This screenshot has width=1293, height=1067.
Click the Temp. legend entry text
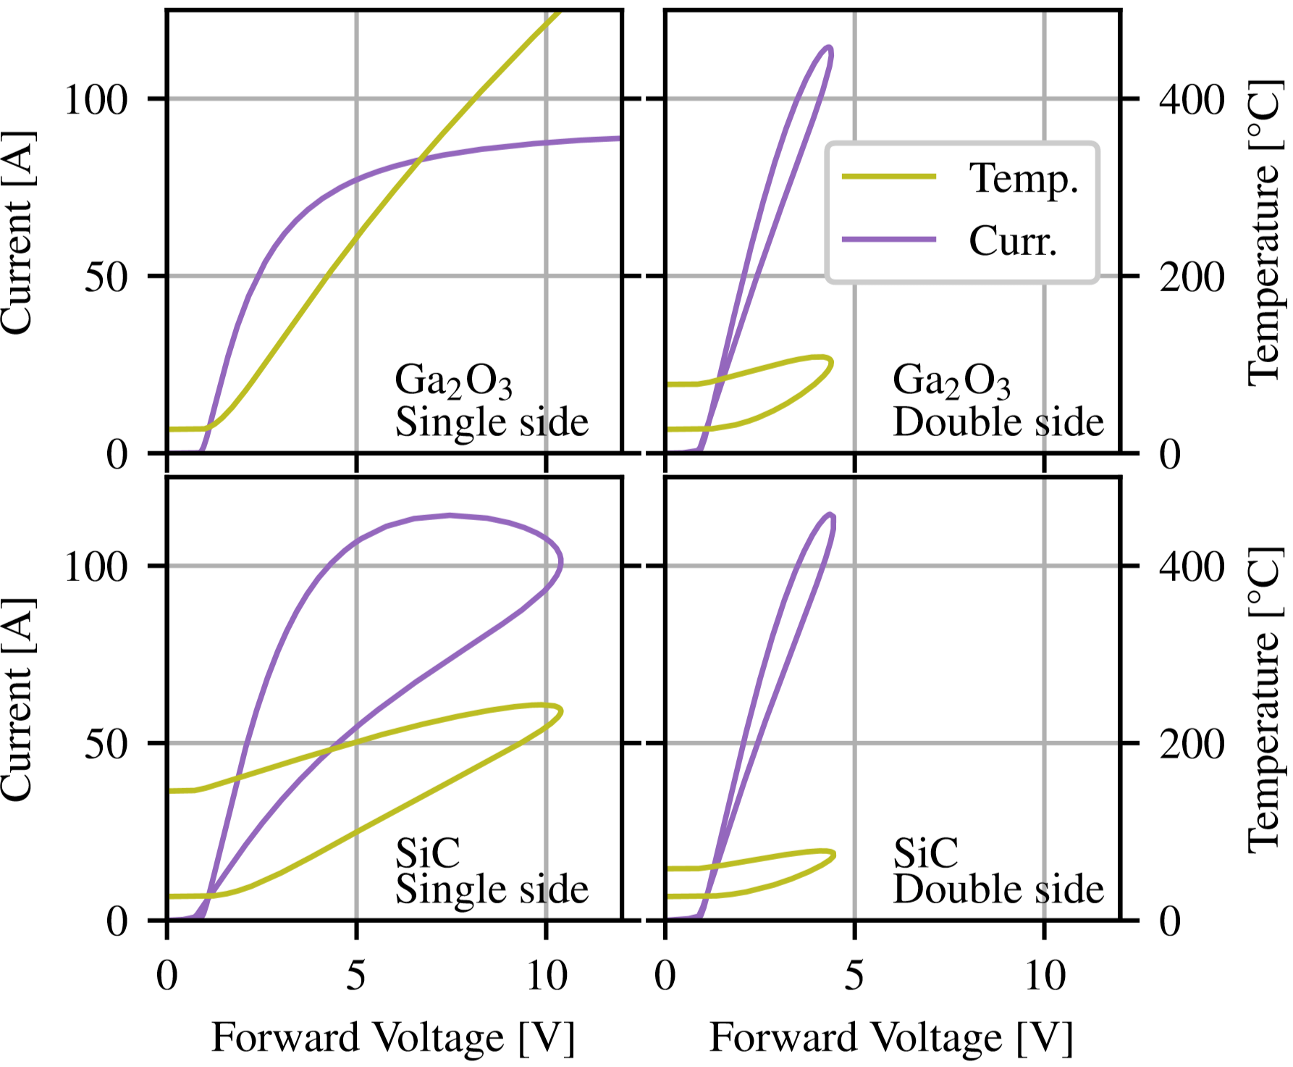click(1023, 179)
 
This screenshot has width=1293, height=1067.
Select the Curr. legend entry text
click(1013, 241)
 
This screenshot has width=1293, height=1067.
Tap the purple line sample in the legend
click(889, 240)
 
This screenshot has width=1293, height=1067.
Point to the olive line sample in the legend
click(889, 177)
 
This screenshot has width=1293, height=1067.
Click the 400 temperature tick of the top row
click(1192, 99)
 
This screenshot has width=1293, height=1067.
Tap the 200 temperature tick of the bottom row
click(1192, 744)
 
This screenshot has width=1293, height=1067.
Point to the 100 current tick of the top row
click(96, 99)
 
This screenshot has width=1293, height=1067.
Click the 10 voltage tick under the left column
click(546, 976)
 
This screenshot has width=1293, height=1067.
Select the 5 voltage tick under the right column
click(854, 976)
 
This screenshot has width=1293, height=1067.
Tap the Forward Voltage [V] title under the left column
click(393, 1037)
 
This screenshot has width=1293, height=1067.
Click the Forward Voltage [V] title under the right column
click(891, 1037)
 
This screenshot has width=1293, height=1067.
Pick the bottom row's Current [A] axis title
click(17, 700)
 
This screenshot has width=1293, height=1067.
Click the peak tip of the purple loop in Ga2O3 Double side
click(829, 49)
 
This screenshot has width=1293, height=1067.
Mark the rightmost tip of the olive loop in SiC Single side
click(561, 711)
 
